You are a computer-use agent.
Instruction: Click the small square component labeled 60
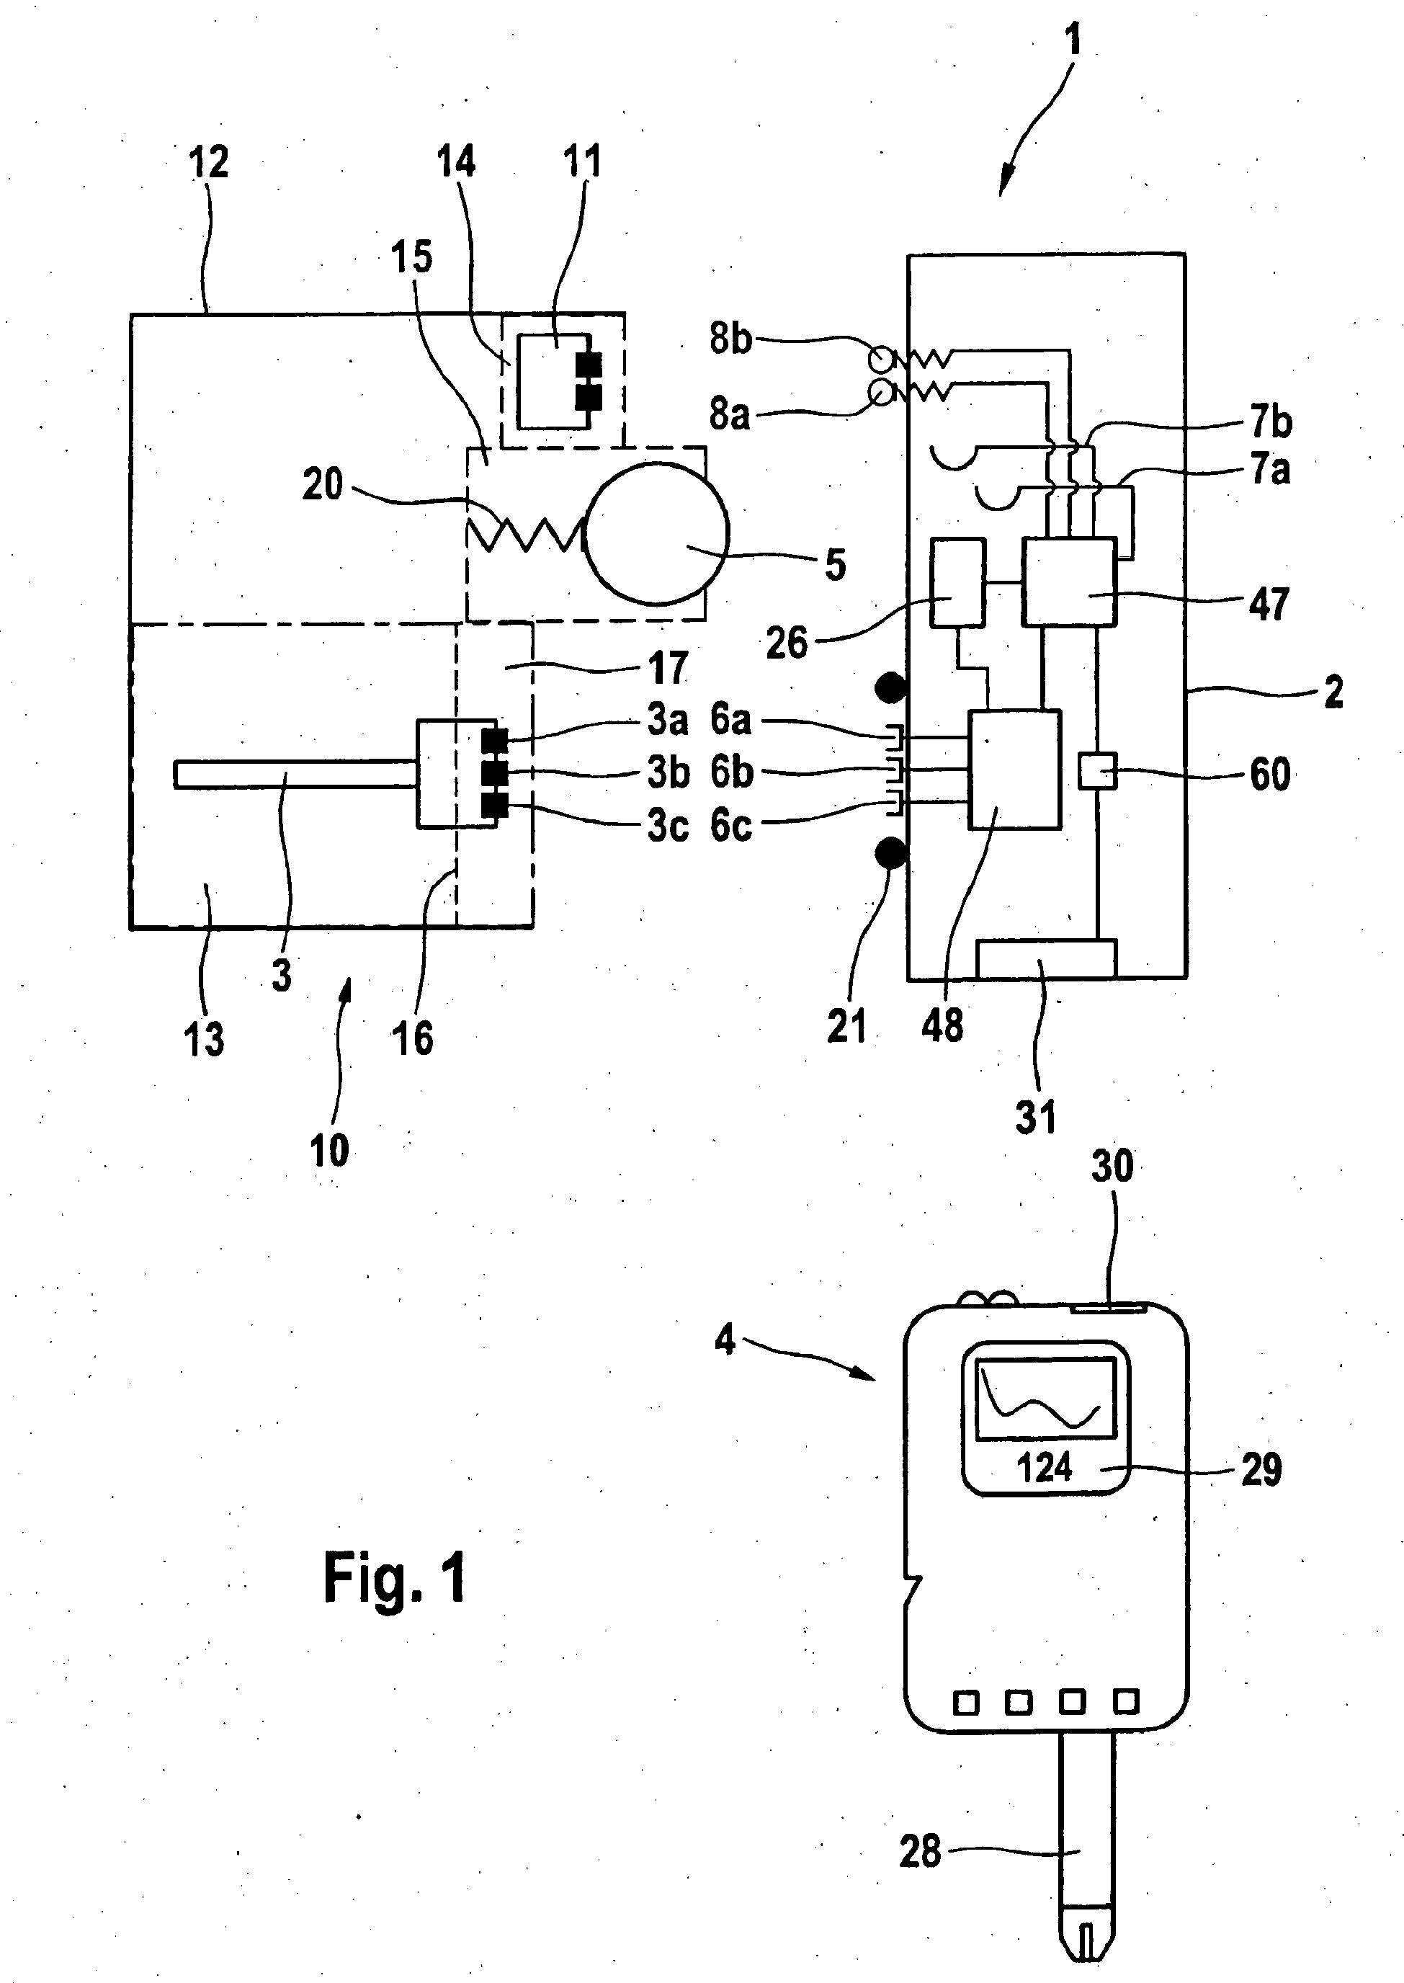point(1098,770)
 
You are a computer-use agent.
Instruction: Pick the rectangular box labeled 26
point(958,582)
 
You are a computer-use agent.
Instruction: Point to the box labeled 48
point(1015,770)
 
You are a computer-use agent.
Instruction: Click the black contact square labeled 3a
point(494,740)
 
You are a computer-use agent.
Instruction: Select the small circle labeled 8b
point(882,357)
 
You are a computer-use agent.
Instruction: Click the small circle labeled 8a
point(882,393)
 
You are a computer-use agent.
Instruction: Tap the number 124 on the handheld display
point(1044,1468)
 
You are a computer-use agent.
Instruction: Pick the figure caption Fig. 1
point(395,1578)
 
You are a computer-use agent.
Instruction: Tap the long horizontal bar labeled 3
point(295,774)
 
